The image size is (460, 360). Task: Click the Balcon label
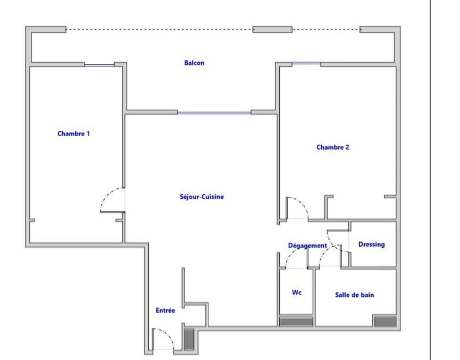coord(194,63)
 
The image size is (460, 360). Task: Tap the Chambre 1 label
coord(73,134)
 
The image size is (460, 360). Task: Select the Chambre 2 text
coord(333,147)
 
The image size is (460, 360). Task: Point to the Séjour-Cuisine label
coord(202,197)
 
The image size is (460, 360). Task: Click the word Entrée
coord(165,311)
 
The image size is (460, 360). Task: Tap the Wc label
coord(297,292)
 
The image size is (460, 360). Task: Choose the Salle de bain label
coord(354,295)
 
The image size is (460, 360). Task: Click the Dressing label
coord(371,245)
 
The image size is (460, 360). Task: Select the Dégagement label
coord(307,246)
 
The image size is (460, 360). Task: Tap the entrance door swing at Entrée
coord(169,334)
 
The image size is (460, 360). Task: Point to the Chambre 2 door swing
coord(302,203)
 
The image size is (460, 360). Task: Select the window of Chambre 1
coord(99,65)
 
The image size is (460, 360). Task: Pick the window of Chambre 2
coord(306,63)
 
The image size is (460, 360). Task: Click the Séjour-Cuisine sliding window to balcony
coord(214,113)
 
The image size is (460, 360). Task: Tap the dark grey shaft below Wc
coord(296,322)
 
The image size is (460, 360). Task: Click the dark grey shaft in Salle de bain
coord(386,321)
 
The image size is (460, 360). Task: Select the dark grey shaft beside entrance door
coord(189,339)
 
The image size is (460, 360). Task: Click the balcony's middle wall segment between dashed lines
coord(272,29)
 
